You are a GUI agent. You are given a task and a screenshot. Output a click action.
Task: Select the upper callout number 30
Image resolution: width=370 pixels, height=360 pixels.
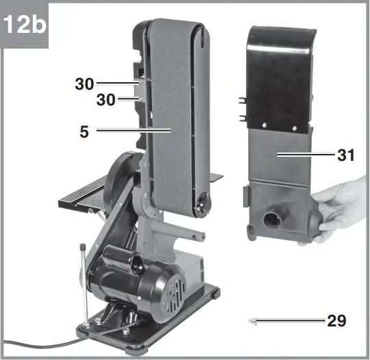pos(86,83)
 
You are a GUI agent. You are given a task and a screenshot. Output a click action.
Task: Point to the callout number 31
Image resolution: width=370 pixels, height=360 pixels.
pos(345,155)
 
